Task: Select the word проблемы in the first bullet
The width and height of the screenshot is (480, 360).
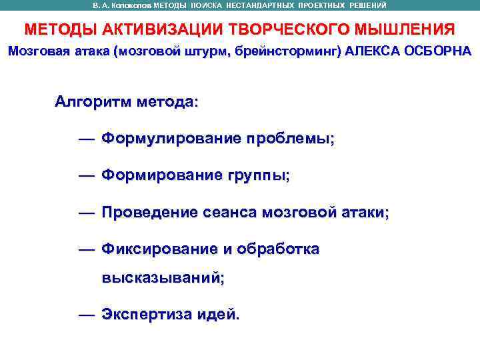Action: click(x=291, y=139)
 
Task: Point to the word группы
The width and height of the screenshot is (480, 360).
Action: click(x=258, y=175)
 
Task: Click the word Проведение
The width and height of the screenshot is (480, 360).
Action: click(x=149, y=212)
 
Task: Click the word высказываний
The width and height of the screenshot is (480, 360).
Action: click(x=163, y=278)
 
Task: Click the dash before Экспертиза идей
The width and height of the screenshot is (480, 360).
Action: click(x=86, y=314)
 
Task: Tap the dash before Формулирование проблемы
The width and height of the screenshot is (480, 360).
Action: click(x=86, y=139)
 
